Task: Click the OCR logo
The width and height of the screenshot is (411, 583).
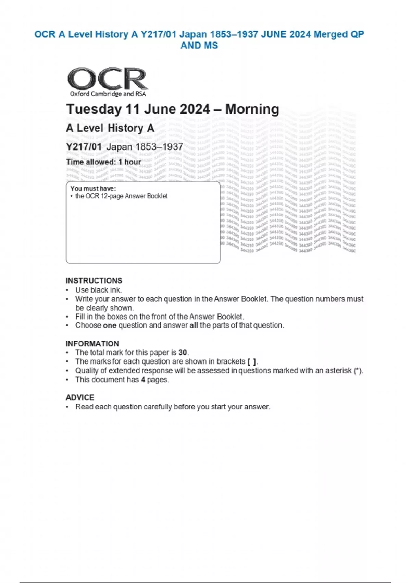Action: pos(107,79)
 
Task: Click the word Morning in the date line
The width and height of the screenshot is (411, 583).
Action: pos(252,109)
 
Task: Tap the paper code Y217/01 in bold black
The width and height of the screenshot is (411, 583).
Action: pos(84,147)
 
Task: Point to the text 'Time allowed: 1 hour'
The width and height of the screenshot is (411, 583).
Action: pos(103,162)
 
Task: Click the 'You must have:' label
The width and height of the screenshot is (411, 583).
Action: pos(93,188)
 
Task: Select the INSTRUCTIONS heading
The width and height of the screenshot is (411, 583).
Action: pos(94,281)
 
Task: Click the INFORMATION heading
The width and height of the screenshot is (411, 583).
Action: pos(92,344)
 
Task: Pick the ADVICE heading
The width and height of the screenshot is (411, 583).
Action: pos(80,397)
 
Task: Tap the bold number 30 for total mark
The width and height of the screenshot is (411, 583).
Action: pos(183,353)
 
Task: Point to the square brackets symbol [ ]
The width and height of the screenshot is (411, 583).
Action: pos(251,361)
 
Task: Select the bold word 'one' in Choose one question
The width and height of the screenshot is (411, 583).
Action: pos(110,325)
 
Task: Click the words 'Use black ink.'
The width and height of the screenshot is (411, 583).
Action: pos(99,290)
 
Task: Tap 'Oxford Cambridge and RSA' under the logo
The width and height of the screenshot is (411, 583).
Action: pos(108,94)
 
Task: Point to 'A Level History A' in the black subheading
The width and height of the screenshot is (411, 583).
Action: pos(110,128)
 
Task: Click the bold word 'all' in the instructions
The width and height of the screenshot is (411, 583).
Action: pos(194,325)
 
